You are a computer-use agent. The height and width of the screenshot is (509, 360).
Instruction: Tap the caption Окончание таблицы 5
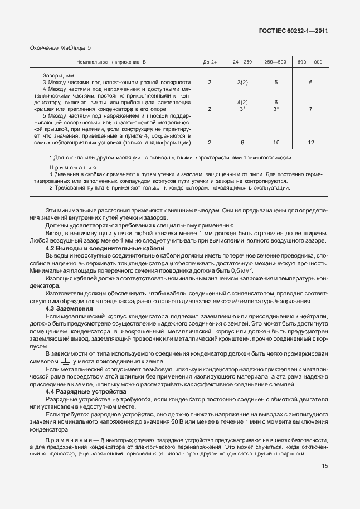point(60,48)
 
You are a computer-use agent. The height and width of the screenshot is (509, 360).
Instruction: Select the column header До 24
point(210,61)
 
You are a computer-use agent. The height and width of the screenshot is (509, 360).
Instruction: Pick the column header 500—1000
point(310,61)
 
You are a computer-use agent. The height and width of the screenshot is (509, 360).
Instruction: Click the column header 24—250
point(242,61)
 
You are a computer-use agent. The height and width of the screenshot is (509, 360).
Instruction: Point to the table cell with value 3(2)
point(242,83)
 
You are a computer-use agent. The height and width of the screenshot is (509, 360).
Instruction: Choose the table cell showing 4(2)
point(242,103)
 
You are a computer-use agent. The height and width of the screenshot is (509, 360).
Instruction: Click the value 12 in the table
point(310,143)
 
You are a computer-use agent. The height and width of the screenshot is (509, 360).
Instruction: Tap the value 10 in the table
point(276,143)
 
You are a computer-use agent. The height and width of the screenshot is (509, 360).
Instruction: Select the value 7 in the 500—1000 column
point(310,109)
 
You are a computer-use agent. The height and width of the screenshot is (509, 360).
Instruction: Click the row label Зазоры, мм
point(59,75)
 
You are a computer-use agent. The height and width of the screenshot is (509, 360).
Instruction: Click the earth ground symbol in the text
point(65,361)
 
